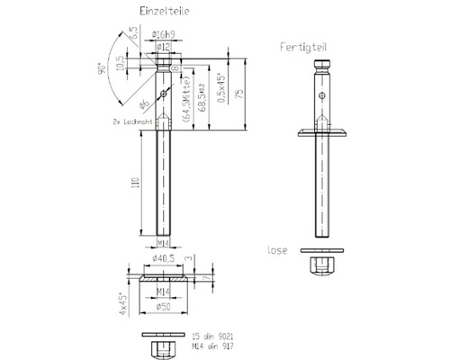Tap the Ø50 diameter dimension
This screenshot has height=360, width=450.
[x=163, y=305]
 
